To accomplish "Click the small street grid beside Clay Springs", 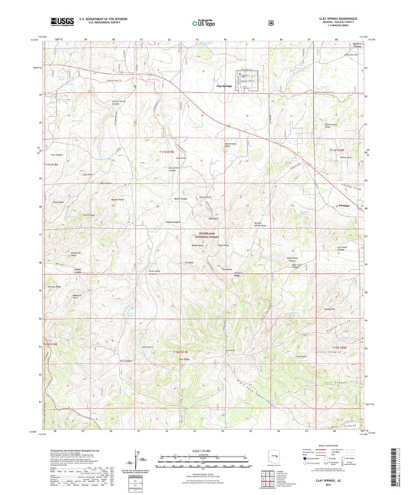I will tap(247, 79).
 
